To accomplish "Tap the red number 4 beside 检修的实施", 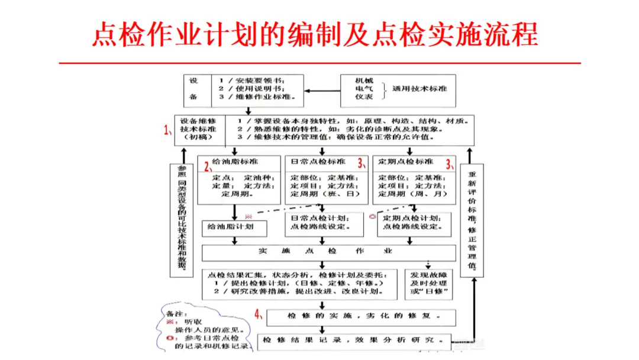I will pos(258,314).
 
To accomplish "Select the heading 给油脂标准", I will pos(238,161).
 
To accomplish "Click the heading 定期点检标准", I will pos(406,161).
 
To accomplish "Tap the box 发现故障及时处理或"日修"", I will pos(430,284).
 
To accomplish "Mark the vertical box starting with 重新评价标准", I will pos(472,220).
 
